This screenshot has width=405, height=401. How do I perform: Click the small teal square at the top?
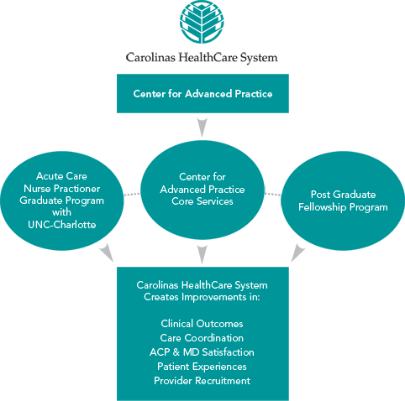tap(202, 22)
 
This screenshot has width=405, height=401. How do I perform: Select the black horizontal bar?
tap(202, 59)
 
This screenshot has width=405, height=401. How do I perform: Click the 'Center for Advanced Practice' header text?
tap(202, 94)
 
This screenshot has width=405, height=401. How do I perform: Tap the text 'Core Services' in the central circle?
tap(202, 201)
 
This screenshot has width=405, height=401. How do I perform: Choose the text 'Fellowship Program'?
tap(343, 206)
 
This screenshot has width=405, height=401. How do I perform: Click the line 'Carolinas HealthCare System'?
tap(202, 285)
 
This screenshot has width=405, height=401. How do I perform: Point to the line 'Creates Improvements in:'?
tap(202, 297)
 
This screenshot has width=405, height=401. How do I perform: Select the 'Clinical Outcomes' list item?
tap(202, 323)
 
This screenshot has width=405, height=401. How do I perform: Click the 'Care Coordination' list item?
tap(202, 337)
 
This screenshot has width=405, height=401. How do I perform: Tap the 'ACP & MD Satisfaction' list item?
tap(202, 352)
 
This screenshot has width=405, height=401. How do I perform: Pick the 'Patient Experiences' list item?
tap(202, 366)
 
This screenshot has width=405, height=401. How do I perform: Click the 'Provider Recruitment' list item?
tap(202, 380)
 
